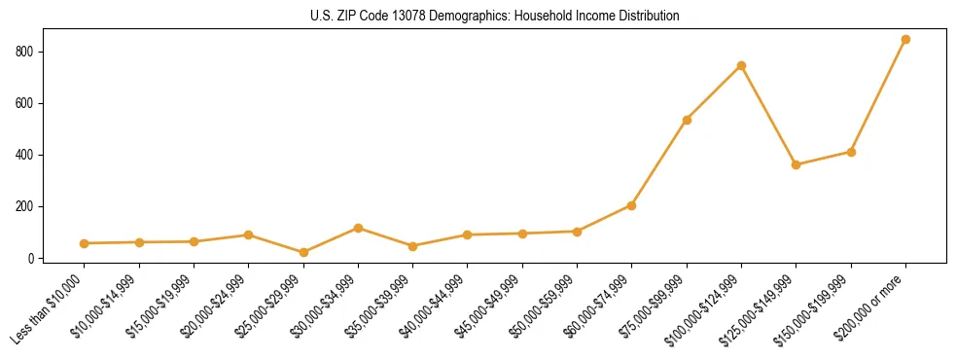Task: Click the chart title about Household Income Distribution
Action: coord(478,17)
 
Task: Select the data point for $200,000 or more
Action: coord(905,40)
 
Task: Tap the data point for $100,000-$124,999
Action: coord(741,65)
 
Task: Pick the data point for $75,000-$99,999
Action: coord(687,120)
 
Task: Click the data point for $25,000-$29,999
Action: coord(303,253)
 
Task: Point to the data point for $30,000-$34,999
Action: coord(358,228)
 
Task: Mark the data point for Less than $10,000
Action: coord(85,243)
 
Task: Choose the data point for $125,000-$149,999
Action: coord(796,164)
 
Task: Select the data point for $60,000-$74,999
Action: coord(631,205)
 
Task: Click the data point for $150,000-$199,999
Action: coord(851,152)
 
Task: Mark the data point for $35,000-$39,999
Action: coord(412,246)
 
